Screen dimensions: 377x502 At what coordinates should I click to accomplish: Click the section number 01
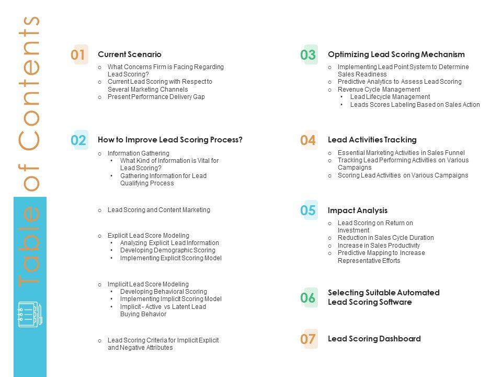[x=78, y=54]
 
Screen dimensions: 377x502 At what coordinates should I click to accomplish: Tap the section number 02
[x=78, y=140]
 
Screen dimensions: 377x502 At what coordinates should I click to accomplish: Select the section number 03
[x=309, y=54]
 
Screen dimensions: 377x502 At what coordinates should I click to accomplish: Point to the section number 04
[x=309, y=140]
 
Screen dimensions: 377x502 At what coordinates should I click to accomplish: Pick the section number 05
[x=309, y=210]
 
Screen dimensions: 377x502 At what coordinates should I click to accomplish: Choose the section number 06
[x=309, y=298]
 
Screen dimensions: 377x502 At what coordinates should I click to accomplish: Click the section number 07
[x=309, y=339]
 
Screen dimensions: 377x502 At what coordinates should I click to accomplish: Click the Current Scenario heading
[x=130, y=54]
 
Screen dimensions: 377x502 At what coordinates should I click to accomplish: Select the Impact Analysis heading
[x=358, y=210]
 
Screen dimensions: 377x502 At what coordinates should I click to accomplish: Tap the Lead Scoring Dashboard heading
[x=374, y=339]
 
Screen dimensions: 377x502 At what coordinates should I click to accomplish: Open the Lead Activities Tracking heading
[x=372, y=140]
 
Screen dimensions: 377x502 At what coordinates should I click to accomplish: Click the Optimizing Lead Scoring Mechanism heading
[x=396, y=54]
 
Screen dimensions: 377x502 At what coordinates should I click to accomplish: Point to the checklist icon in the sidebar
[x=30, y=315]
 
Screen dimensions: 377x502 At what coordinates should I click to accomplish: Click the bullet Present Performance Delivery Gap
[x=156, y=97]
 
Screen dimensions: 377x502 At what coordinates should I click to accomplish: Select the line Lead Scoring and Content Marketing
[x=159, y=210]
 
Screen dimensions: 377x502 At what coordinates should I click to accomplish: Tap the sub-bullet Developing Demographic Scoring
[x=168, y=250]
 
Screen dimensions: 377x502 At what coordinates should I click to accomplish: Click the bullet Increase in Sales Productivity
[x=379, y=246]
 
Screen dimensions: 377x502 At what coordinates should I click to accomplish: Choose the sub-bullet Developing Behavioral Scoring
[x=164, y=292]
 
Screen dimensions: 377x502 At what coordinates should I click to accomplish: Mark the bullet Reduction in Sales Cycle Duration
[x=386, y=238]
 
